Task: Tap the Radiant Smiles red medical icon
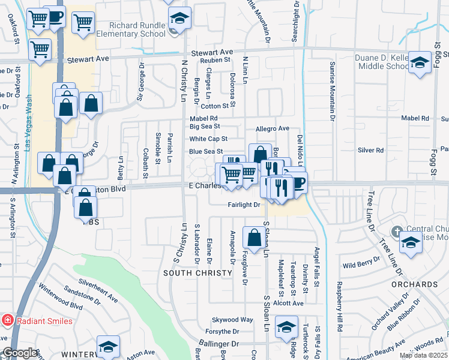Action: tap(7, 320)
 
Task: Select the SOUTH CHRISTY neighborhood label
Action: tap(197, 273)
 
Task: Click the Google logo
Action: tap(20, 353)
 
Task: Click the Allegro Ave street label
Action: tap(273, 128)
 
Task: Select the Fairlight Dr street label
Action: tap(243, 205)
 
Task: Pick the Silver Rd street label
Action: tap(370, 151)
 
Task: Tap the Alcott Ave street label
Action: tap(289, 304)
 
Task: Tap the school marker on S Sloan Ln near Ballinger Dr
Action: tap(286, 328)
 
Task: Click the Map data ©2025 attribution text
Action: tap(423, 355)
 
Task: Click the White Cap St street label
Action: tap(208, 139)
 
